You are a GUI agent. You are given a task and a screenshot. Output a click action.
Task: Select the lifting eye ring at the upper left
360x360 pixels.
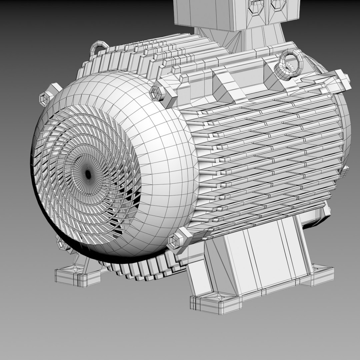tap(98, 47)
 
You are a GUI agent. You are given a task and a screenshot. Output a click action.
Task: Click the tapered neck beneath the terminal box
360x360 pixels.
tap(240, 40)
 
